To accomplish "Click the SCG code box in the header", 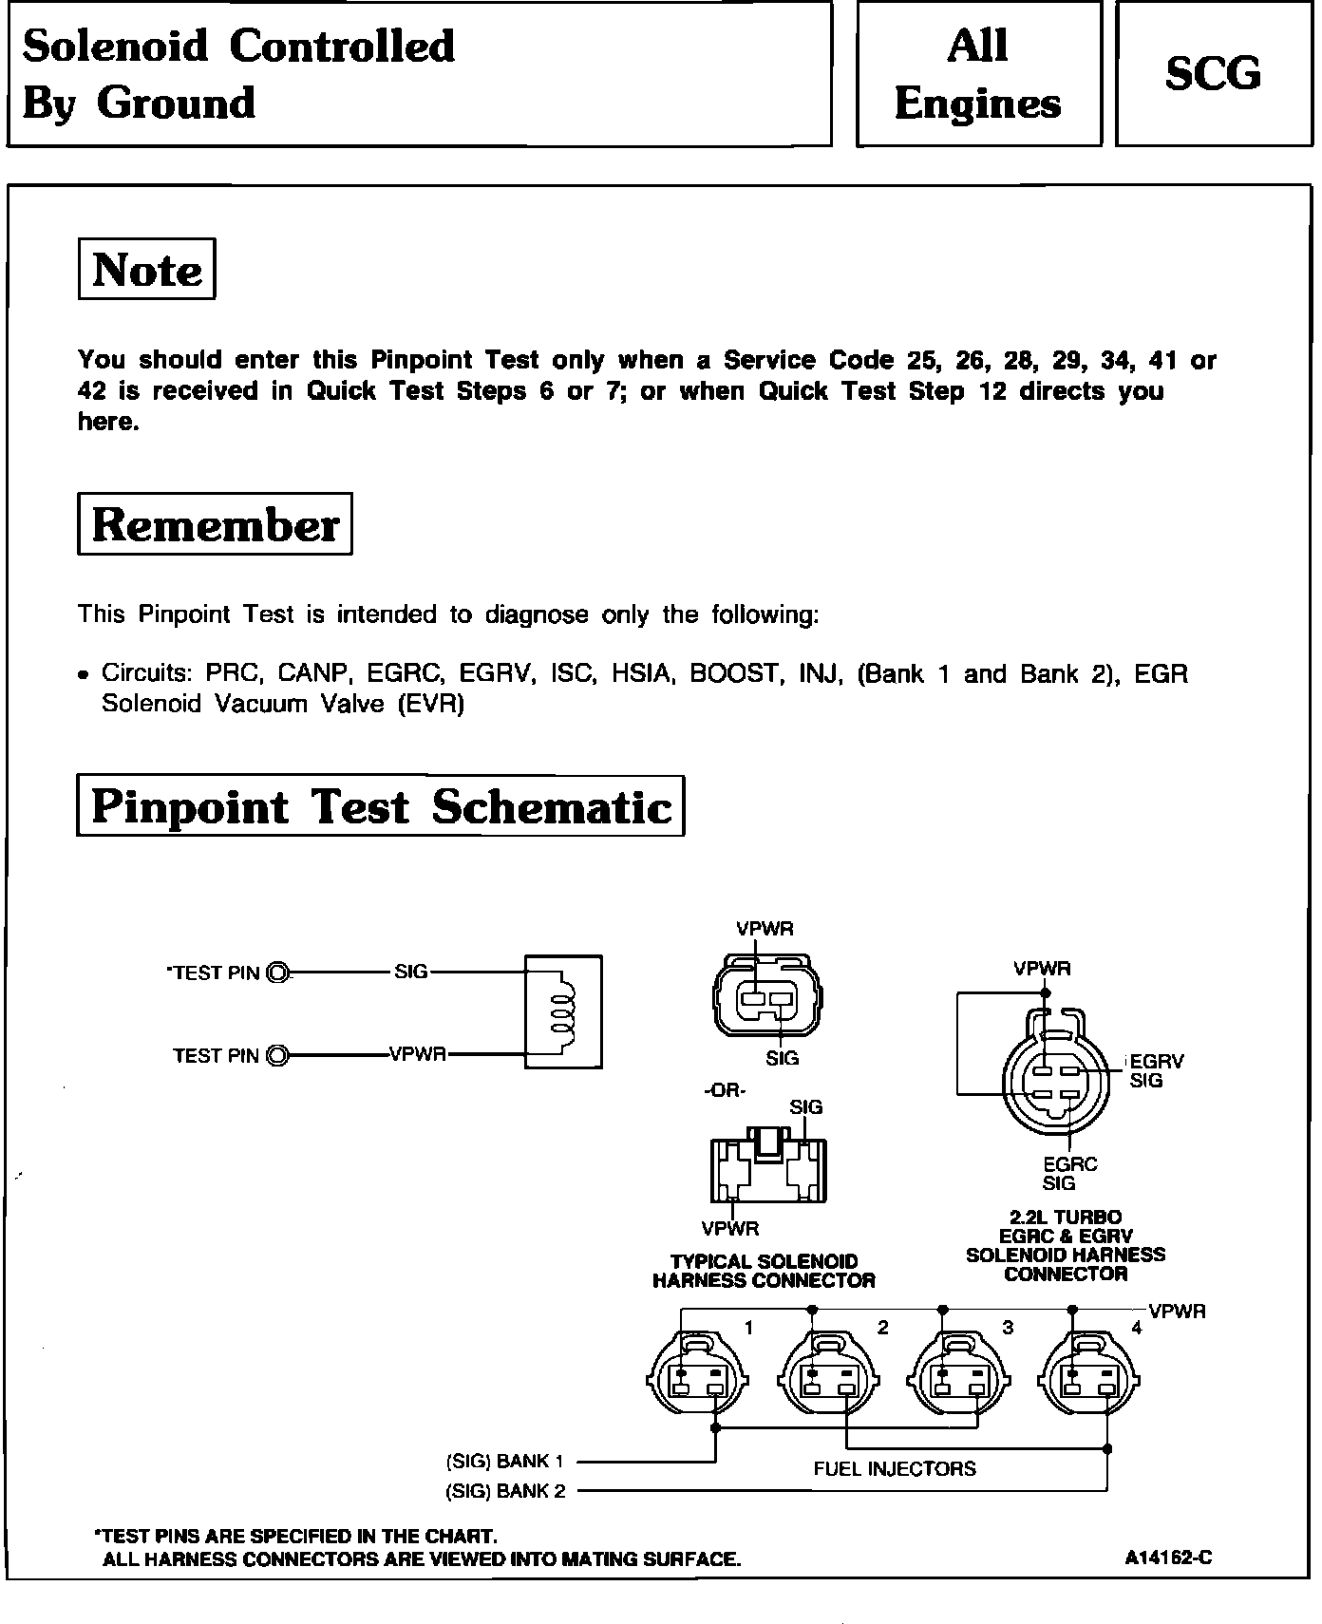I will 1213,74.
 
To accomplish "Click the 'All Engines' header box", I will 978,74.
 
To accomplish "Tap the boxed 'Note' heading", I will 147,270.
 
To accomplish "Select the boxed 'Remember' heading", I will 215,524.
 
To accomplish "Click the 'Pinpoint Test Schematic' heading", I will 380,806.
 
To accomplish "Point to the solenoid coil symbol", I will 563,1011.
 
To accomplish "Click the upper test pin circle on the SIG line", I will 278,973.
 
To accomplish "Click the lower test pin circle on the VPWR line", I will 278,1055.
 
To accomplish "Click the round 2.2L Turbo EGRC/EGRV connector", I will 1055,1081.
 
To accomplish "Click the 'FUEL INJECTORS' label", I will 895,1468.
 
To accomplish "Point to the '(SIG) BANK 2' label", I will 505,1491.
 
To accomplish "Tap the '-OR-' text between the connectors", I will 725,1090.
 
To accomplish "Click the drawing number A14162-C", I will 1168,1558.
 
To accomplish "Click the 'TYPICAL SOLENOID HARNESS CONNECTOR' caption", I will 764,1271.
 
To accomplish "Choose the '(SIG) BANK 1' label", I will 505,1461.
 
